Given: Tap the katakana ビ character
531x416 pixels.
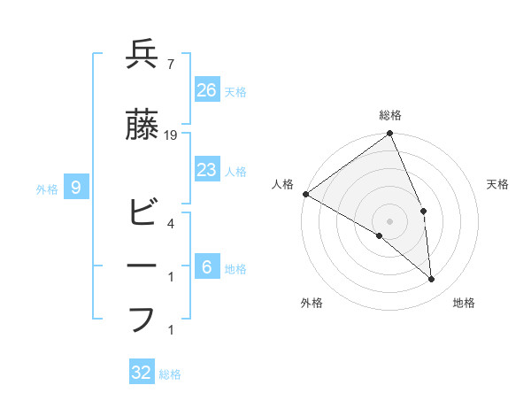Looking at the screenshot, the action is pyautogui.click(x=142, y=213).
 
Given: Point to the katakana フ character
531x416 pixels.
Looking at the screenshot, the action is pyautogui.click(x=142, y=319).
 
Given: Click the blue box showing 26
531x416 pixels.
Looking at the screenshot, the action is pyautogui.click(x=206, y=89).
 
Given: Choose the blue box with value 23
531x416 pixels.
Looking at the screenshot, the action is pyautogui.click(x=206, y=170).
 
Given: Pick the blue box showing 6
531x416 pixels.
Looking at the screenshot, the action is pyautogui.click(x=206, y=267).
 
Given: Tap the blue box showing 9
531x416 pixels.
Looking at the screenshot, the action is pyautogui.click(x=77, y=187).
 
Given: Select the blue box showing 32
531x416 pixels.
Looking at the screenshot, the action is pyautogui.click(x=142, y=373).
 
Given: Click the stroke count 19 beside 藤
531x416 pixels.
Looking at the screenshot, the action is pyautogui.click(x=171, y=135).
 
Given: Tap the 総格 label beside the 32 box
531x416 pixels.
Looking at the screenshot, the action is pyautogui.click(x=170, y=374).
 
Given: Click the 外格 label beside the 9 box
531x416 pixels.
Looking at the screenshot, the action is pyautogui.click(x=47, y=189).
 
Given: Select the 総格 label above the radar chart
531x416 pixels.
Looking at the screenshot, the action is pyautogui.click(x=390, y=115).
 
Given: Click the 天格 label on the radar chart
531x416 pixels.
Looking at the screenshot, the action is pyautogui.click(x=498, y=184).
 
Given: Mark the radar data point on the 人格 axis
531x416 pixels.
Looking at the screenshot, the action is pyautogui.click(x=305, y=194).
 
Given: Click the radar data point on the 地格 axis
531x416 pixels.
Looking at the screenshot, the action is pyautogui.click(x=432, y=280).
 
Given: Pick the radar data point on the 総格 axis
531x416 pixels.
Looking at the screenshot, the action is pyautogui.click(x=390, y=135).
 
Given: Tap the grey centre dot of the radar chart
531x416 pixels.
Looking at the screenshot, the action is pyautogui.click(x=390, y=220).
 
